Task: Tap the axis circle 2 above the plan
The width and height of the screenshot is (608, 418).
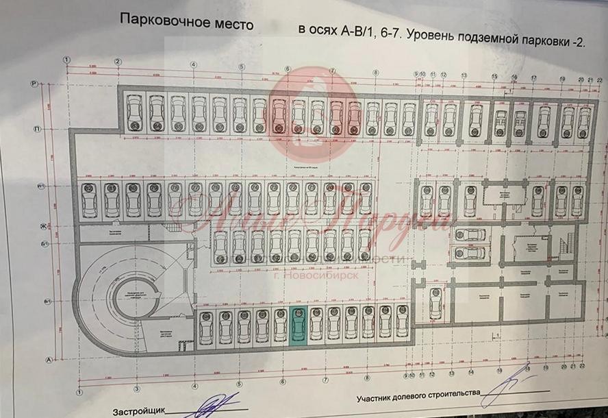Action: (118, 62)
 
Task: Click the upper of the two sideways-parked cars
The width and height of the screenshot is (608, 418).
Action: (470, 234)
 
